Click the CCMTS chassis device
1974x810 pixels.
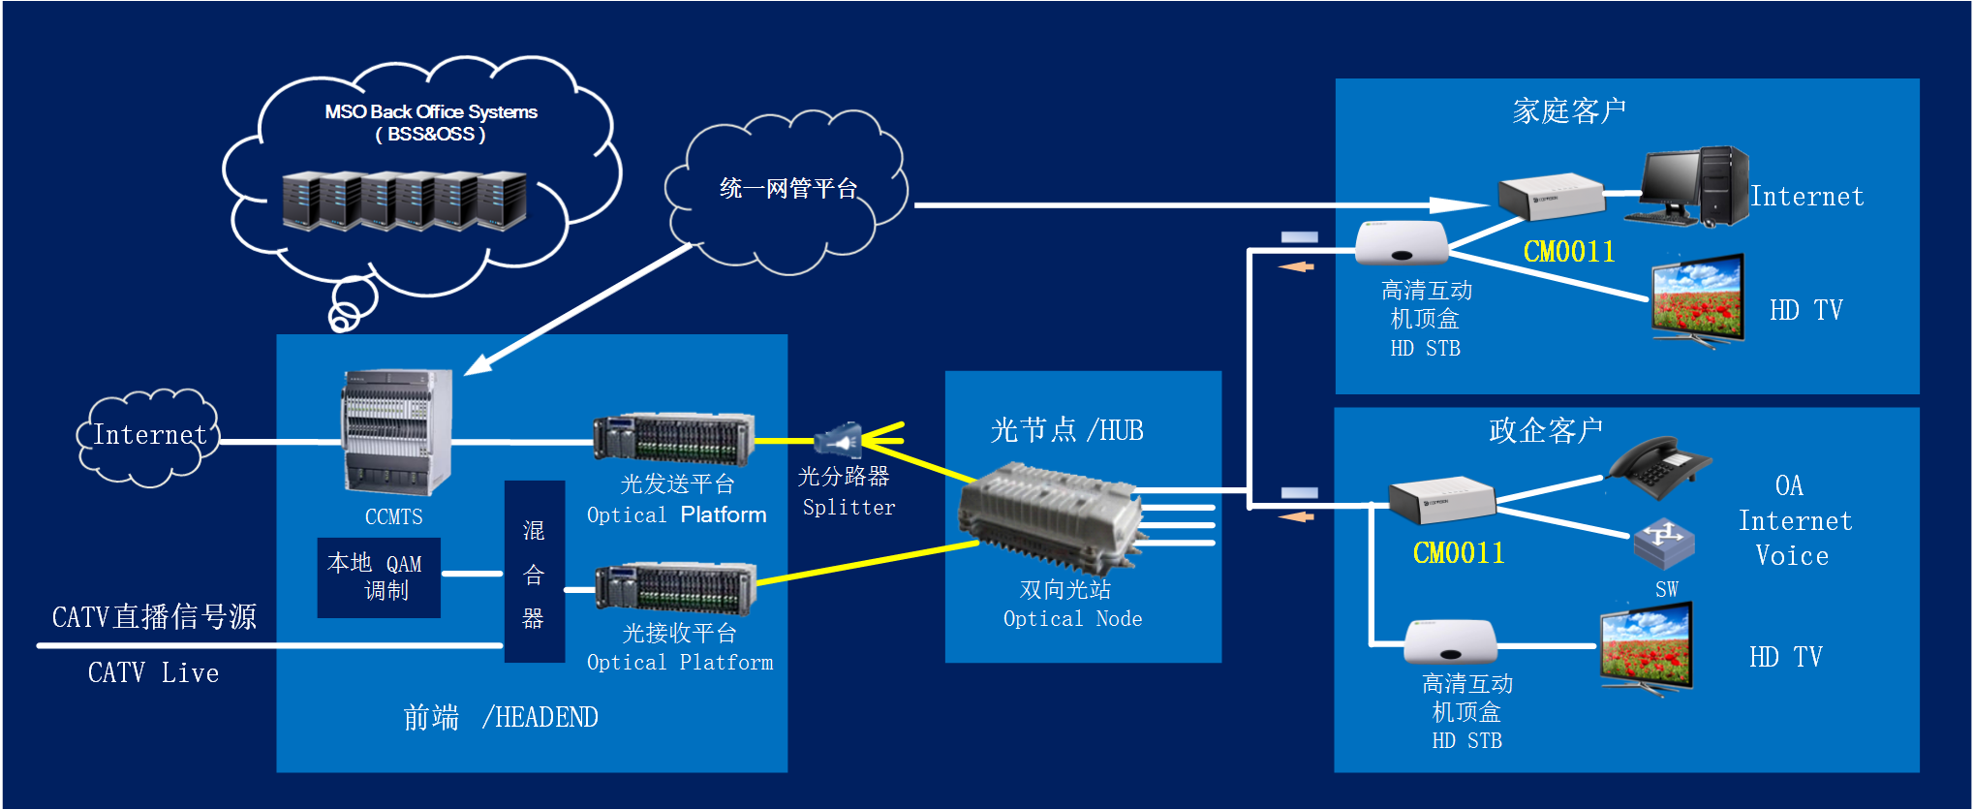396,432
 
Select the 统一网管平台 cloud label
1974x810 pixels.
788,188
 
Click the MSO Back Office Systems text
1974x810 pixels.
431,111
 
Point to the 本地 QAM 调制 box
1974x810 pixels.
379,577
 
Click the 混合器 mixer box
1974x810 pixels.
535,572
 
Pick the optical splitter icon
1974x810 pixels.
838,441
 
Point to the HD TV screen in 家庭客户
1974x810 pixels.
1698,300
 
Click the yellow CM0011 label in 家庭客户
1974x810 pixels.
1569,252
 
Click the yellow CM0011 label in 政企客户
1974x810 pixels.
1459,553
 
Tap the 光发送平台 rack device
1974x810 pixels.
674,439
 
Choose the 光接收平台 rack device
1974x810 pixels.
675,588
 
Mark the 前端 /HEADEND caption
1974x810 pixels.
501,718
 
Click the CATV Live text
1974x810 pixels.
154,673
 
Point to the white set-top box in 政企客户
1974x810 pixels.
1451,640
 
